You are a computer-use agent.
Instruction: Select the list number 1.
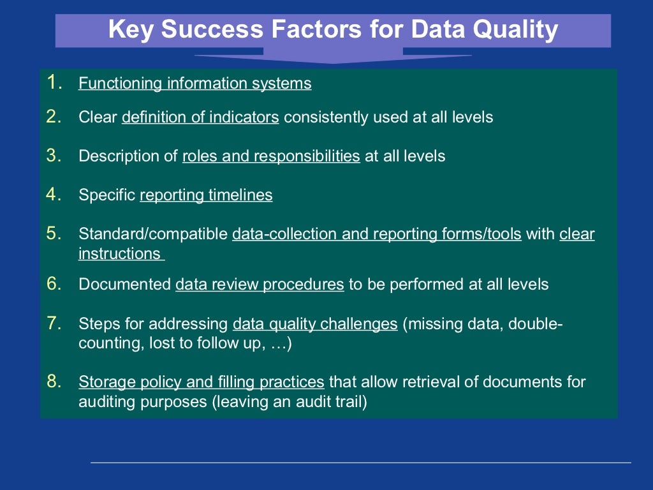(x=54, y=82)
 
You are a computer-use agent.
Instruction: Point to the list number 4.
(x=54, y=195)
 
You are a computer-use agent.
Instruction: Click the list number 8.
(x=54, y=382)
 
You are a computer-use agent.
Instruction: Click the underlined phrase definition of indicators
(x=200, y=117)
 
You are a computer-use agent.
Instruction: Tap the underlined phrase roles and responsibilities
(x=271, y=156)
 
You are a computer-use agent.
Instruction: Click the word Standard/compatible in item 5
(x=153, y=234)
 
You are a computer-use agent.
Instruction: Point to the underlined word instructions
(x=119, y=253)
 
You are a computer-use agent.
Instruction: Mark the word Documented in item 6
(x=124, y=285)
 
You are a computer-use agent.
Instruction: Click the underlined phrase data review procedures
(x=260, y=285)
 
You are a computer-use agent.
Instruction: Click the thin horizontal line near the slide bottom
(x=360, y=462)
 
